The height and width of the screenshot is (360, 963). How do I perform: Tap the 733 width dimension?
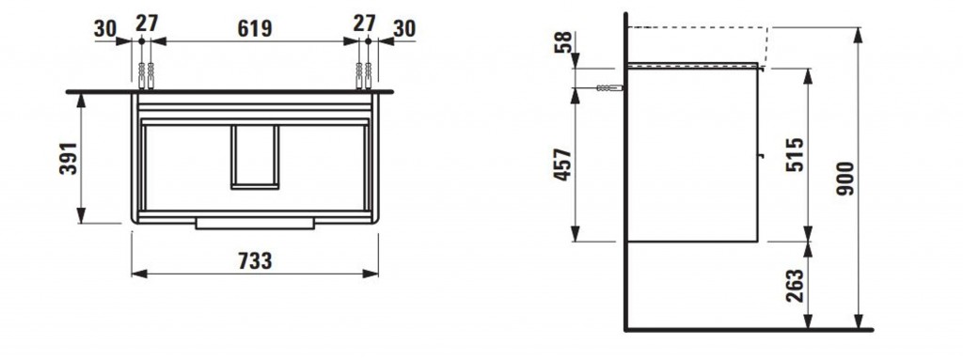[254, 260]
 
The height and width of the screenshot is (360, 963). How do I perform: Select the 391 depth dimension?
[69, 158]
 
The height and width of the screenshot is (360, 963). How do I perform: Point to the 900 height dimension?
[845, 179]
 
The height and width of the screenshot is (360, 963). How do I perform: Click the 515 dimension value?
[794, 155]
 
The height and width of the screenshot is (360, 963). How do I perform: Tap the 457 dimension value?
[562, 164]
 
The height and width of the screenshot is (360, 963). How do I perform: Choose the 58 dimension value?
[563, 42]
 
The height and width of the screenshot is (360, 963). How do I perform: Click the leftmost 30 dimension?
[106, 28]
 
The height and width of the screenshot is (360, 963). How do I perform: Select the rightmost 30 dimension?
[403, 28]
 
